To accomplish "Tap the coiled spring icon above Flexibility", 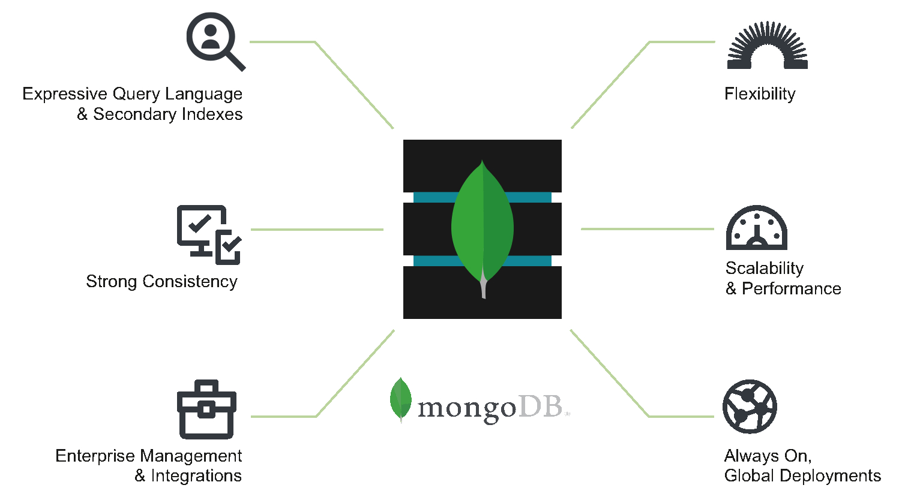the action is (768, 44).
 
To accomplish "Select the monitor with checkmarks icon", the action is (209, 235).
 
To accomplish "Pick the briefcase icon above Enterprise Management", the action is (206, 409).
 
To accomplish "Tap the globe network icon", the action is (750, 406).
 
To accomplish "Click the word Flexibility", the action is (760, 94).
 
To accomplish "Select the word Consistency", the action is (190, 282).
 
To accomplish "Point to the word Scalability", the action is (765, 269).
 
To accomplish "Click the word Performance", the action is (792, 288).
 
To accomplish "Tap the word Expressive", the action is (65, 94).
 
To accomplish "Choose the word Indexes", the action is (212, 115).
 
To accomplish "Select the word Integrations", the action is (196, 476).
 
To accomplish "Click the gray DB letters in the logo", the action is (541, 406).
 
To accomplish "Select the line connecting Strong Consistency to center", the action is (317, 230).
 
